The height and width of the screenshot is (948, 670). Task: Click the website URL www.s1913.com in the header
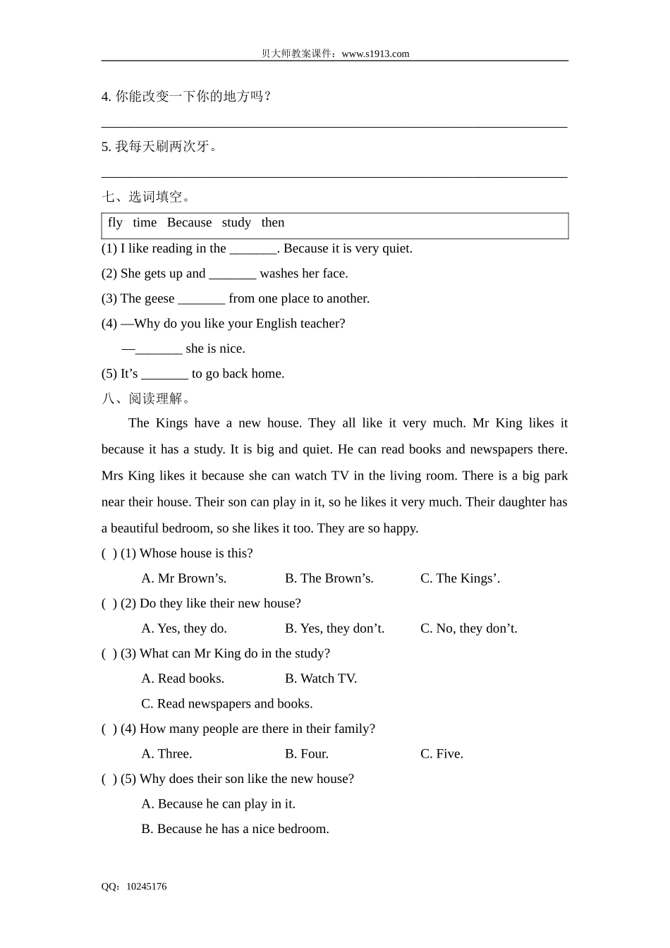375,54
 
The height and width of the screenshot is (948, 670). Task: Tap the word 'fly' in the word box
115,223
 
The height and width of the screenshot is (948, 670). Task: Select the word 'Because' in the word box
189,223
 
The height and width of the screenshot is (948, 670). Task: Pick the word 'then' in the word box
273,223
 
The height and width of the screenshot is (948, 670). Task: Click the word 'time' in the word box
145,223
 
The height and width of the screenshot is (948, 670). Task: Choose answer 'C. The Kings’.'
460,578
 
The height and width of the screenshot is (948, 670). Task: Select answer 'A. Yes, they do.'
184,628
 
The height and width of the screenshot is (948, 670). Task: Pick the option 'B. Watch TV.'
321,679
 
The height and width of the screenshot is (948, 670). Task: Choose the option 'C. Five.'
441,754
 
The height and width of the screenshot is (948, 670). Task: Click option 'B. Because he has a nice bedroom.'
235,829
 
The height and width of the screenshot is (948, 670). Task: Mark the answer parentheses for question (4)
109,729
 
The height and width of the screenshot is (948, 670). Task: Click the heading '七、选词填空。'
146,197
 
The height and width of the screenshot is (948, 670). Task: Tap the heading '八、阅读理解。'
146,399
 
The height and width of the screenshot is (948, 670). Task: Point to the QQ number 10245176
147,887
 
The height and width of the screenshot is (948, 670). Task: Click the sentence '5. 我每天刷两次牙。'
161,147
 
